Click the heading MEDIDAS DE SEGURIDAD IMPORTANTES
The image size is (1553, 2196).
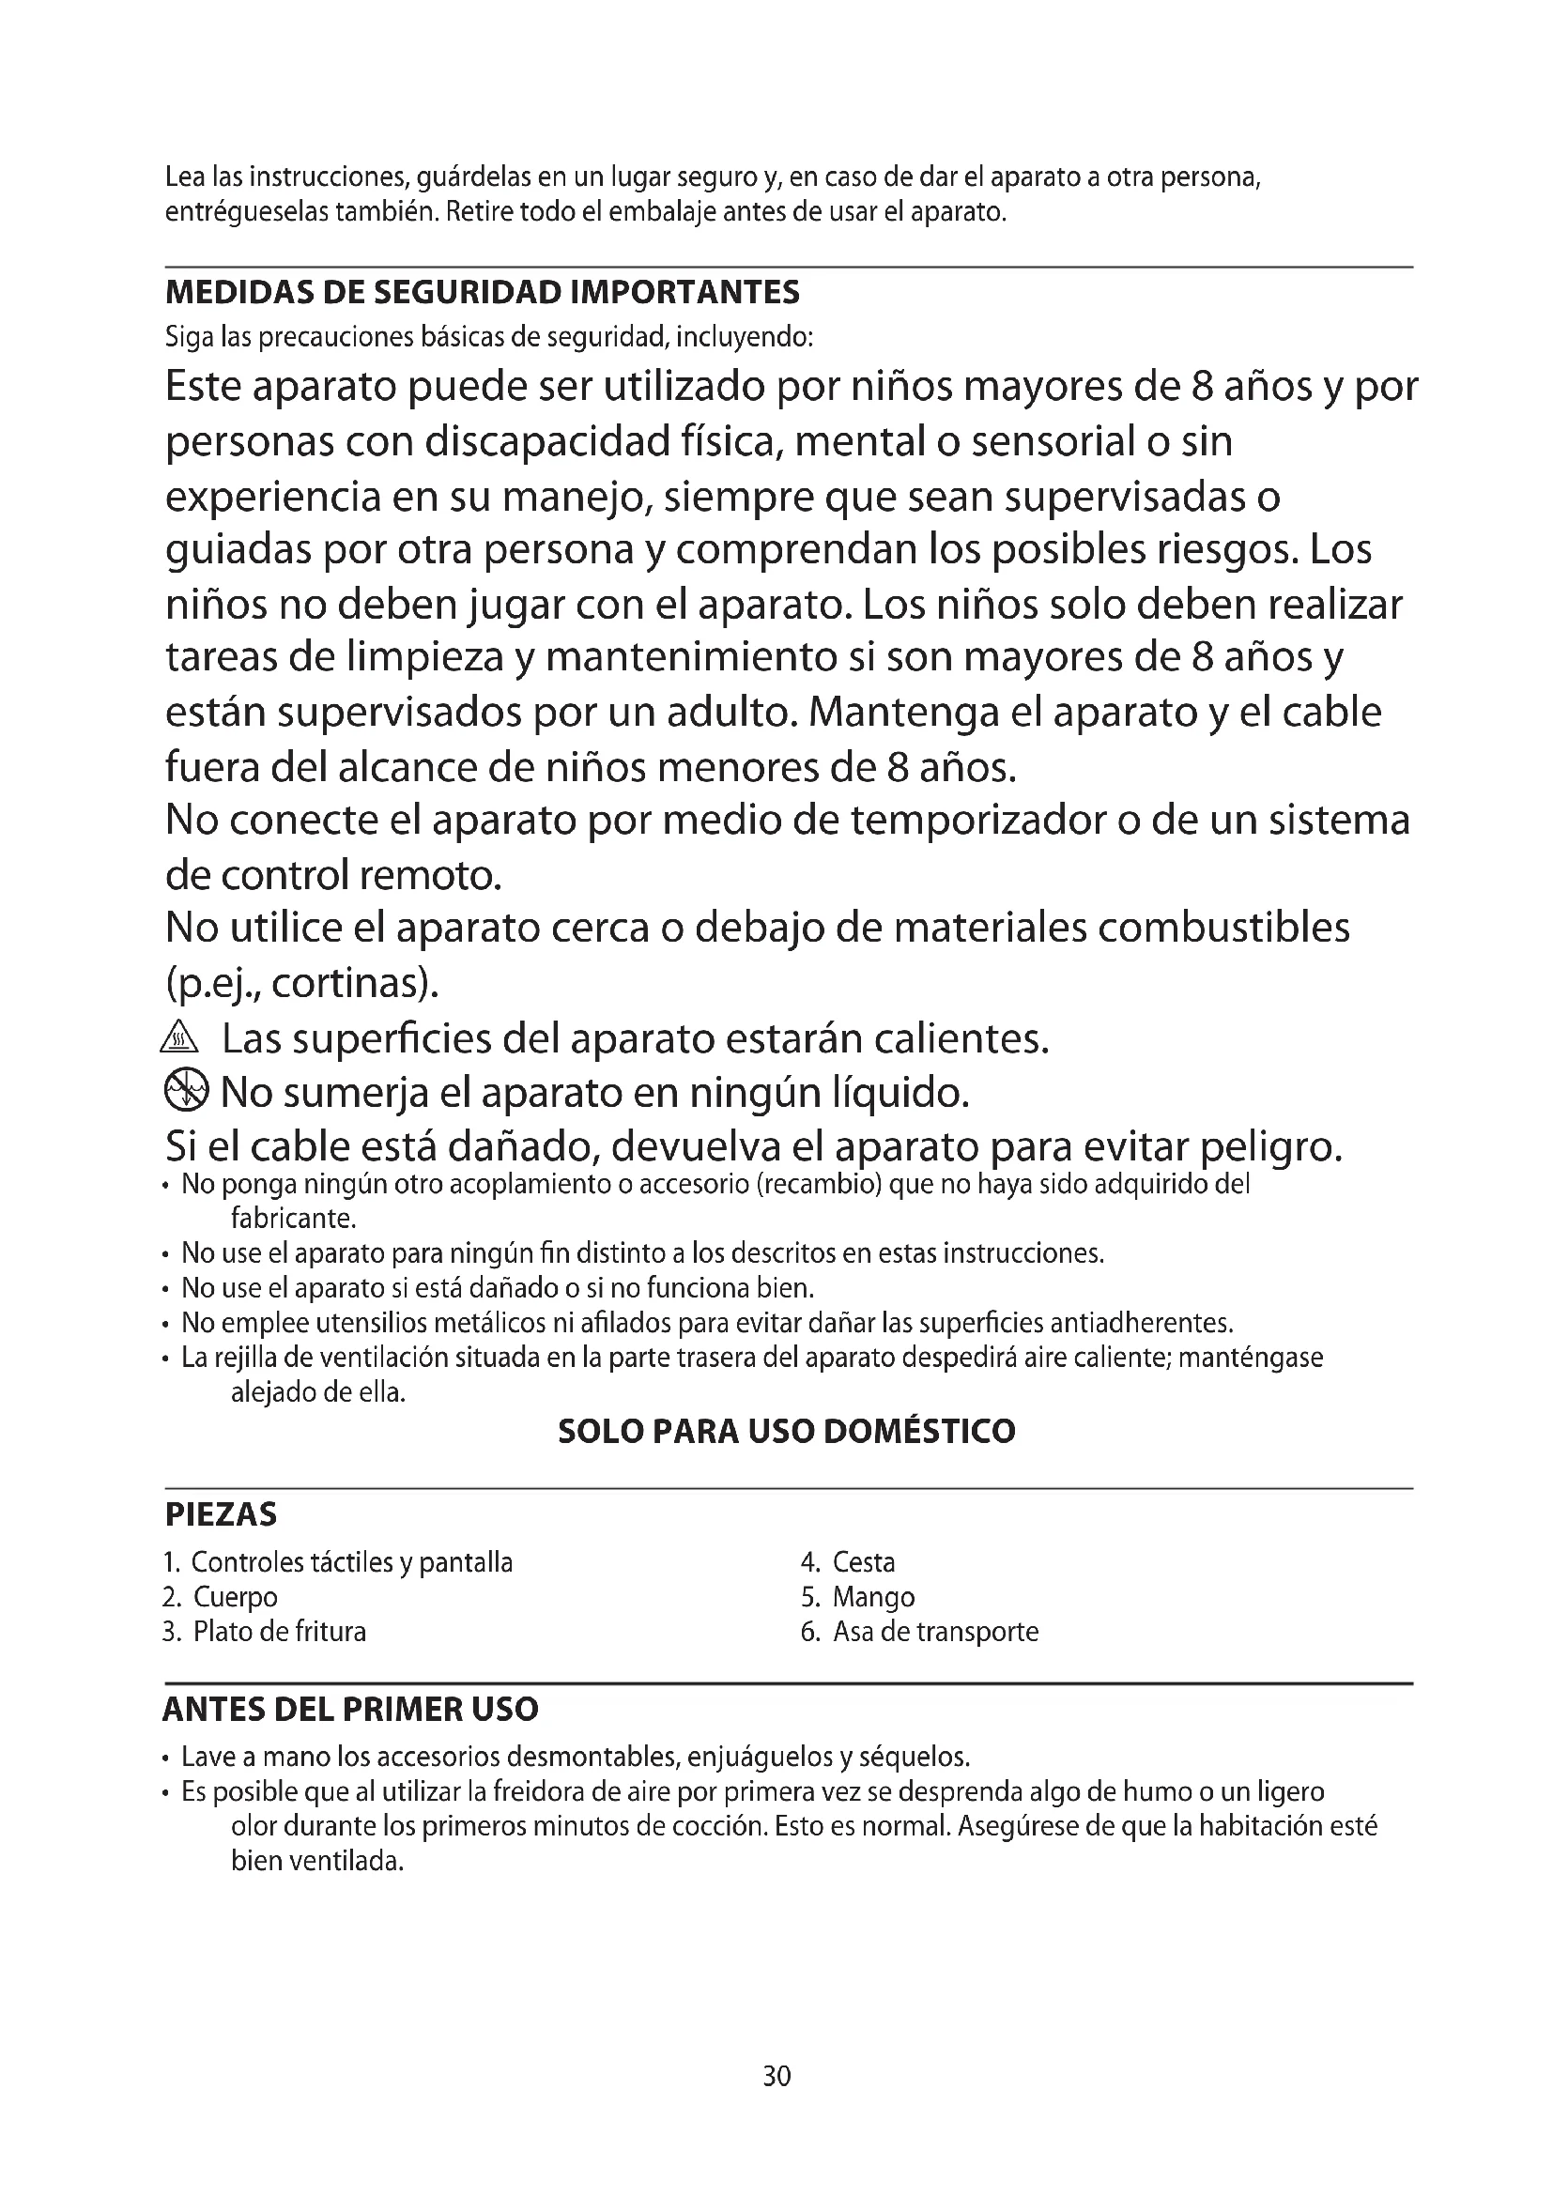[482, 292]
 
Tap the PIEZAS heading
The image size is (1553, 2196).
[221, 1515]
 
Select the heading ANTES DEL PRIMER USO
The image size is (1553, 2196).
[350, 1709]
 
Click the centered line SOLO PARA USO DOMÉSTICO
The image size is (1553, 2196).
[786, 1432]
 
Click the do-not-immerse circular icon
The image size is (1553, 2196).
[185, 1090]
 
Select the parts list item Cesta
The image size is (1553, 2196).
[864, 1563]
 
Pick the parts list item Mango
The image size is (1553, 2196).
[873, 1597]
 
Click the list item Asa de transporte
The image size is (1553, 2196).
[935, 1632]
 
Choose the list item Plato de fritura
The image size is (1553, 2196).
[279, 1632]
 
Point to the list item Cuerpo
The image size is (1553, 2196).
[236, 1597]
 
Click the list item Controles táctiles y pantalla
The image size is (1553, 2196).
[352, 1563]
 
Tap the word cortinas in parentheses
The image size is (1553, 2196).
[350, 983]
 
